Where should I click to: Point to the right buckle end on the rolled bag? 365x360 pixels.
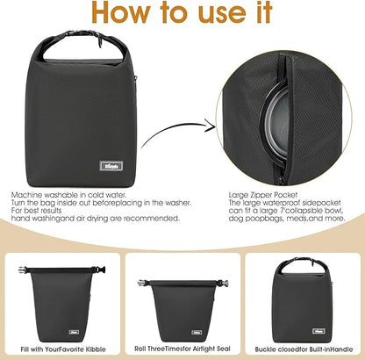coord(219,283)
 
